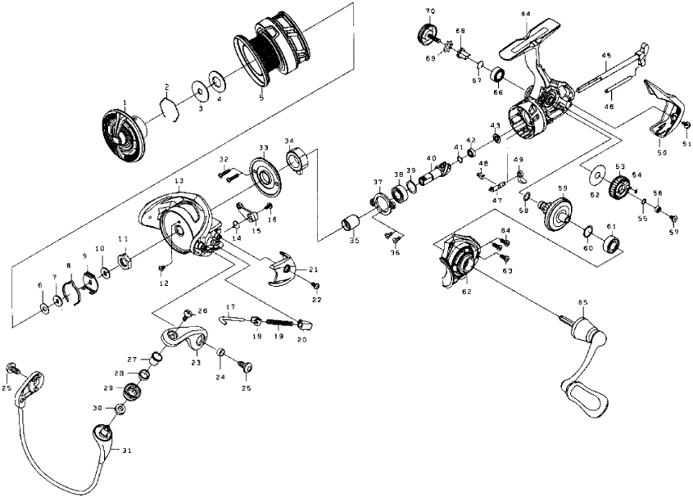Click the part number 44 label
tap(524, 15)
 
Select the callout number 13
tap(179, 179)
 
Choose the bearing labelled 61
tap(612, 245)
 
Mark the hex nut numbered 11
tap(126, 261)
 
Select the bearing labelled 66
tap(497, 78)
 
